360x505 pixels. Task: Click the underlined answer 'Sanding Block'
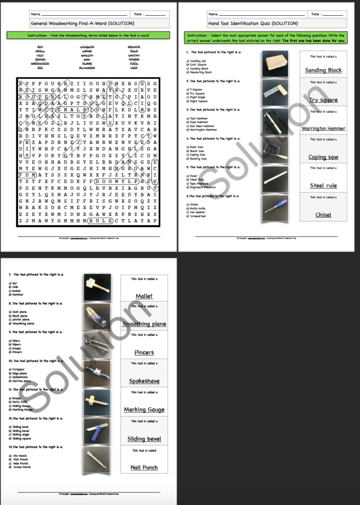323,71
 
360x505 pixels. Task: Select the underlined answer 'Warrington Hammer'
323,129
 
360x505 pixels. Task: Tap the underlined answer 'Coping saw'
323,157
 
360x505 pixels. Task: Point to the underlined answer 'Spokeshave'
144,381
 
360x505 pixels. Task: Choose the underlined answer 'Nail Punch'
144,468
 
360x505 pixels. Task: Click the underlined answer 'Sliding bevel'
144,439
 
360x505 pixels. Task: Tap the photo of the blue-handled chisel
275,207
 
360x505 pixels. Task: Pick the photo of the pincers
97,344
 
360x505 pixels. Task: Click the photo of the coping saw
275,149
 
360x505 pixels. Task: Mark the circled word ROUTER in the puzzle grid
38,97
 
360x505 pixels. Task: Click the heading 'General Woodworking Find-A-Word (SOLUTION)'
82,23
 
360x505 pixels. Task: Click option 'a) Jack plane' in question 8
18,312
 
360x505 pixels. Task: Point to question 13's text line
36,447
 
